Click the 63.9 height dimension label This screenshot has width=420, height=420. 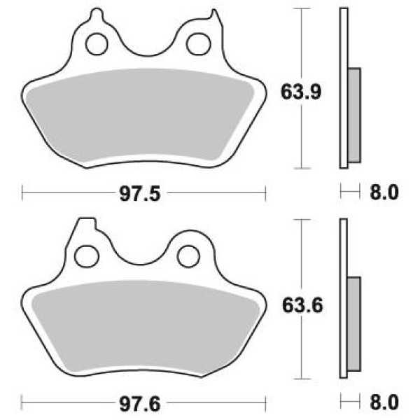[x=300, y=92]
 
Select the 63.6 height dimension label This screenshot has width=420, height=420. [x=302, y=306]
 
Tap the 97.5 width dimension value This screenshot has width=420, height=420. [x=140, y=194]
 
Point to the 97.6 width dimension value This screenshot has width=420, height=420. [x=140, y=404]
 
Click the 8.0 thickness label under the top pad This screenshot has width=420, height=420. [x=384, y=192]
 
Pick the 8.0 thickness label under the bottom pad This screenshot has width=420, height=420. [x=384, y=402]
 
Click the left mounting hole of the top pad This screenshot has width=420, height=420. [x=97, y=44]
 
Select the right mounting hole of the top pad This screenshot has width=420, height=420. [x=199, y=44]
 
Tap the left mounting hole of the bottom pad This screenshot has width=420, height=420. [x=87, y=256]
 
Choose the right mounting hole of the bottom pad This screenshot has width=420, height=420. [x=188, y=256]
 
